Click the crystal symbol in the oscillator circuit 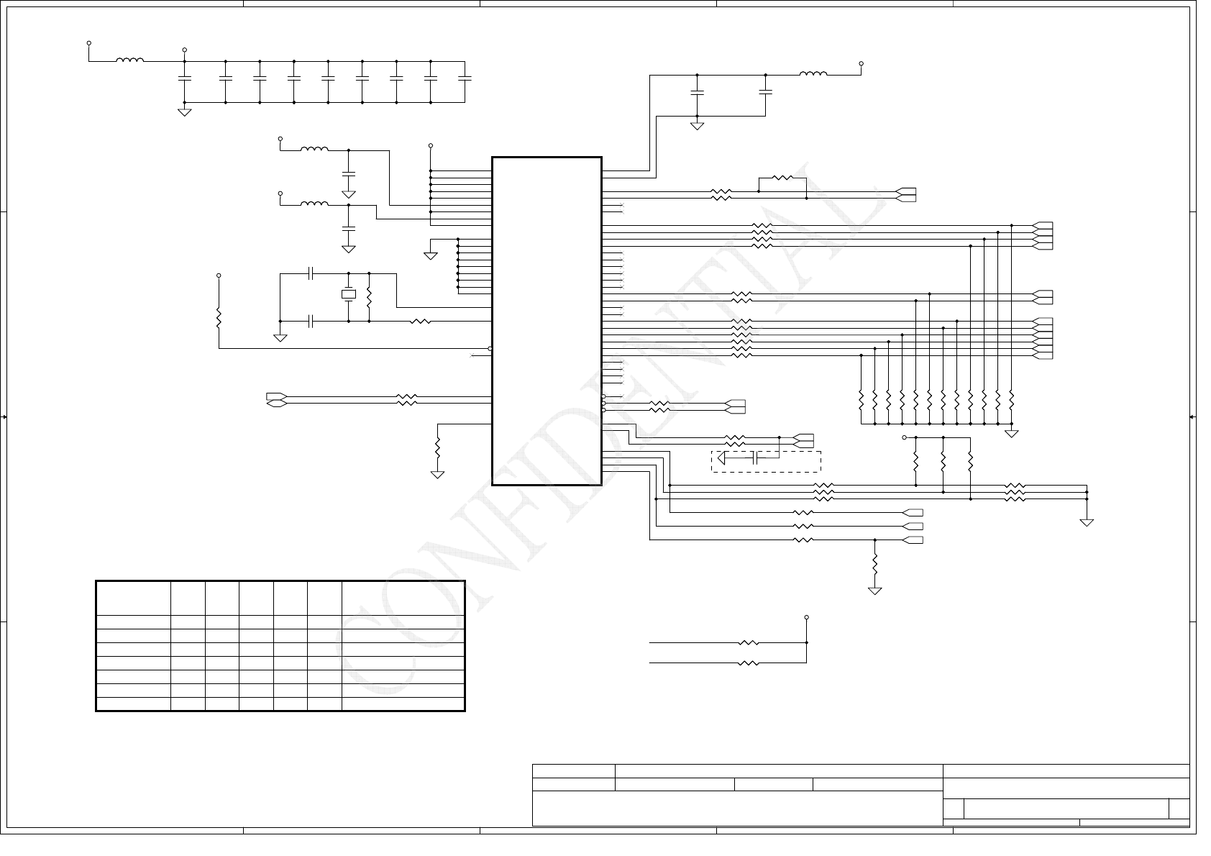(349, 293)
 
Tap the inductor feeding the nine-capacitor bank (129, 60)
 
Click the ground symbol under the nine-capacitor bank (185, 111)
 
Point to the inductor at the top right (813, 73)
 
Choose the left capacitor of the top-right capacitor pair (697, 92)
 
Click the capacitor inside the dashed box (755, 457)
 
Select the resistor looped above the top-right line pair (782, 178)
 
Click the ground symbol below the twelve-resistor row (1012, 433)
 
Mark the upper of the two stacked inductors (314, 150)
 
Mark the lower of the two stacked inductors (314, 204)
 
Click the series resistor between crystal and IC (420, 322)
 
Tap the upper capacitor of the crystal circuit (311, 273)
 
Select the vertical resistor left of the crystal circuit (219, 317)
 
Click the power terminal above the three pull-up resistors (905, 437)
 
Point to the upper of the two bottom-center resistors (748, 642)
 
